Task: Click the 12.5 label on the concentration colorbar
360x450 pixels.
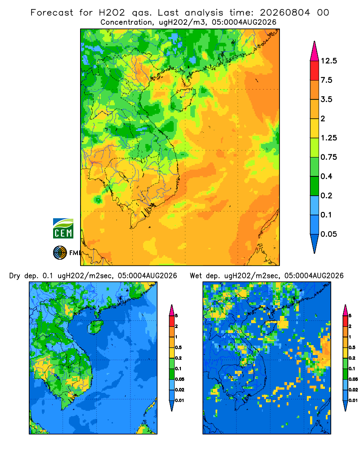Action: pyautogui.click(x=328, y=61)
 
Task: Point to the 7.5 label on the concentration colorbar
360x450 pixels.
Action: pyautogui.click(x=326, y=80)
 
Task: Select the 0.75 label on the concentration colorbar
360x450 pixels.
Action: pyautogui.click(x=328, y=157)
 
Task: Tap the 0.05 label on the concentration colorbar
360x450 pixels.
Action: pyautogui.click(x=328, y=234)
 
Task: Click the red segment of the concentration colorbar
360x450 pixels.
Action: pyautogui.click(x=315, y=71)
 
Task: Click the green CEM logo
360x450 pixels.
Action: pyautogui.click(x=63, y=229)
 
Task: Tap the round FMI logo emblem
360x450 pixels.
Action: pyautogui.click(x=60, y=253)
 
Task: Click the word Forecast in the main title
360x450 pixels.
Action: pyautogui.click(x=52, y=13)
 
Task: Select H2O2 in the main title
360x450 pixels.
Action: pyautogui.click(x=112, y=13)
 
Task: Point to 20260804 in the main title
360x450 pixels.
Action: pyautogui.click(x=285, y=13)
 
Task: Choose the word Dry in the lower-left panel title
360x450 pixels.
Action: pyautogui.click(x=15, y=276)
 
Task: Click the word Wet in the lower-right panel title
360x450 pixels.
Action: pyautogui.click(x=196, y=276)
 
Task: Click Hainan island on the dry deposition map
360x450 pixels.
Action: pyautogui.click(x=95, y=327)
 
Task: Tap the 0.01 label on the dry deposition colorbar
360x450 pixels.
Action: pyautogui.click(x=180, y=400)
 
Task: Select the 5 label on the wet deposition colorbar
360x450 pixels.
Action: pyautogui.click(x=350, y=316)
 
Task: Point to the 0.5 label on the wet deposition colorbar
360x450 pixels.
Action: pyautogui.click(x=352, y=347)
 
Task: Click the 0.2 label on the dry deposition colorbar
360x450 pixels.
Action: pyautogui.click(x=179, y=358)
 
